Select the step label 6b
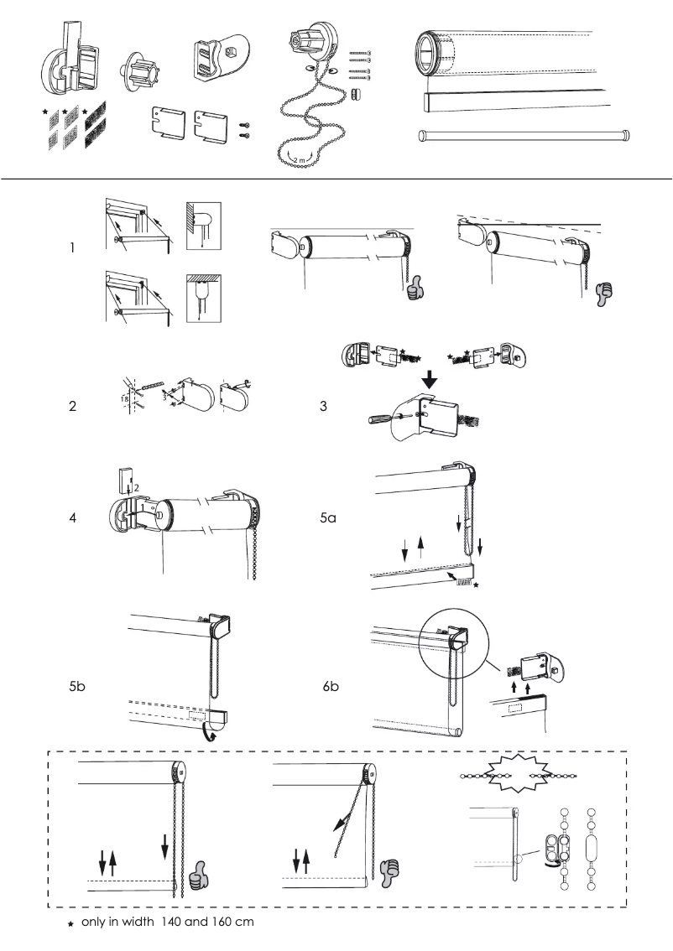click(x=331, y=687)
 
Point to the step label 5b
click(x=76, y=687)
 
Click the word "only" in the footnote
click(x=94, y=922)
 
